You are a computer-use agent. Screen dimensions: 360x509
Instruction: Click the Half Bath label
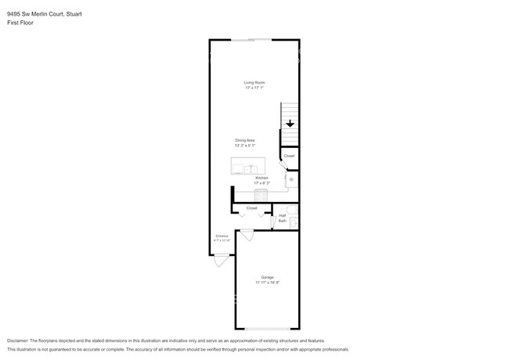pyautogui.click(x=282, y=218)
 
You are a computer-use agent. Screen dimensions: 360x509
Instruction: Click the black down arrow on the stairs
pyautogui.click(x=290, y=124)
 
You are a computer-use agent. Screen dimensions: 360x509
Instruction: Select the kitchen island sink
pyautogui.click(x=251, y=168)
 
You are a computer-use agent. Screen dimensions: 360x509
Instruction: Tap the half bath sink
pyautogui.click(x=294, y=223)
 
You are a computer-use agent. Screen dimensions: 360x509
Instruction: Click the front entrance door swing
pyautogui.click(x=222, y=262)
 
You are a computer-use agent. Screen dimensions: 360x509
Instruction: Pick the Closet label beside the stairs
pyautogui.click(x=289, y=156)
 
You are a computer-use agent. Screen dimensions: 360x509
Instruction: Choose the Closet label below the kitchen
pyautogui.click(x=251, y=208)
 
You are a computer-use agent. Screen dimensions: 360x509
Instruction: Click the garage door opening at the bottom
pyautogui.click(x=267, y=329)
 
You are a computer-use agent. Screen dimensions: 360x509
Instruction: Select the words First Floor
pyautogui.click(x=20, y=23)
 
